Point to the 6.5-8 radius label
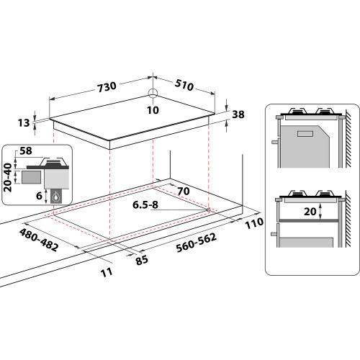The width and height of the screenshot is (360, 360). [x=145, y=204]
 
